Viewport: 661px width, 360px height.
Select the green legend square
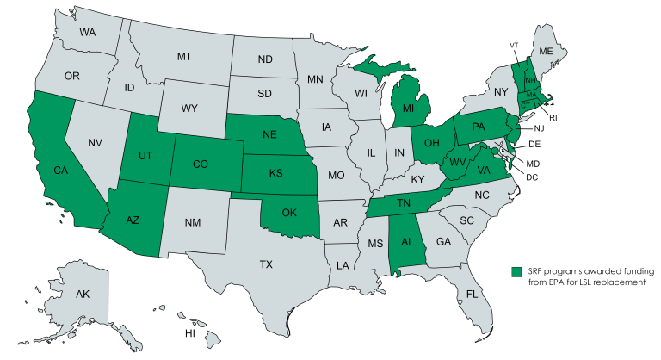click(516, 271)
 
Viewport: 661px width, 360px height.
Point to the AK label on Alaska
click(83, 295)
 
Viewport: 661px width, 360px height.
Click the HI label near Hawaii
click(190, 333)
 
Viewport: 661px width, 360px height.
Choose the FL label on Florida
click(472, 294)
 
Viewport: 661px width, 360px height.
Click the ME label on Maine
click(545, 51)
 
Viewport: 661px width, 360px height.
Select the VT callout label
click(513, 45)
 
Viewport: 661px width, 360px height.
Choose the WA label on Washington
click(87, 32)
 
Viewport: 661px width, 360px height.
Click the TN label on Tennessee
click(405, 205)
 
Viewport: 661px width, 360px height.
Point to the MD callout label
click(533, 163)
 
